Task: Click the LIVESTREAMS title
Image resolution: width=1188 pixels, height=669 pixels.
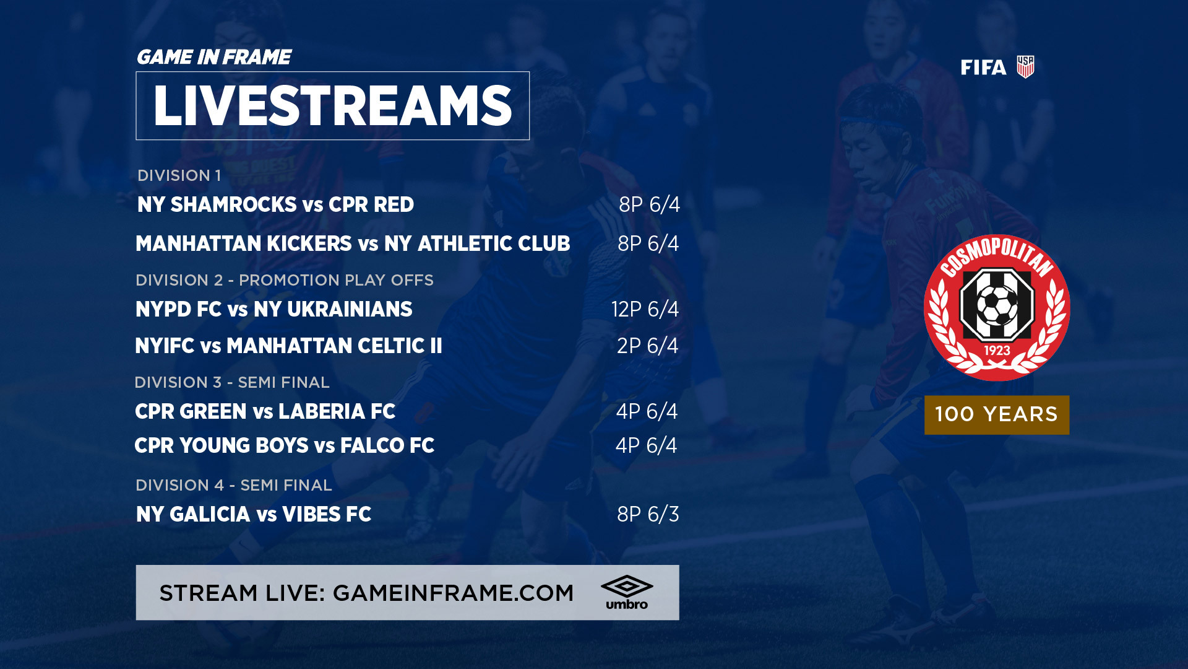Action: coord(332,106)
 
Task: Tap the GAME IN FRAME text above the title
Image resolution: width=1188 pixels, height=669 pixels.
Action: coord(213,57)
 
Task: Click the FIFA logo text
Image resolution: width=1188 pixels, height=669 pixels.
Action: coord(983,68)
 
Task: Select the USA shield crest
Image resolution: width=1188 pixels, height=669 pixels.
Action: coord(1025,67)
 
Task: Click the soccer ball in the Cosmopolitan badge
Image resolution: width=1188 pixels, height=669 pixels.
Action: coord(996,305)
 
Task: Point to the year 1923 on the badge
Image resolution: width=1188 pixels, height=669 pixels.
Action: coord(997,351)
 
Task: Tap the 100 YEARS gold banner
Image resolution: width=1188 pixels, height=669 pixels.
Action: coord(996,414)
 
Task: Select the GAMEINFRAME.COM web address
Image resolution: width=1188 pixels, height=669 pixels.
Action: coord(453,593)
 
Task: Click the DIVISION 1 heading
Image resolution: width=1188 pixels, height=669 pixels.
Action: coord(179,175)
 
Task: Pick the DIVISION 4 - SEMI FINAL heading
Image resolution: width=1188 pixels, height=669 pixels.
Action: coord(234,485)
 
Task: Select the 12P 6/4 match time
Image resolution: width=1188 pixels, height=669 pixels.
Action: coord(645,309)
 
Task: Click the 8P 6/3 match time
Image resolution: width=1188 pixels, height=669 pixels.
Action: coord(648,514)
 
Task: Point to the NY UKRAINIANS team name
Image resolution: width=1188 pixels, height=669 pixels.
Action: coord(333,309)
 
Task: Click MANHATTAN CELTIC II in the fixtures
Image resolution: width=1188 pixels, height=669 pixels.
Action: coord(334,346)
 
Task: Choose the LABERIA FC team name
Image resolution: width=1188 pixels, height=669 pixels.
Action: coord(337,411)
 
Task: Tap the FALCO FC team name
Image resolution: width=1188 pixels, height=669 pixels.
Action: coord(387,445)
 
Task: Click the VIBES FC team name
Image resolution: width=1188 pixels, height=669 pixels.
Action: coord(327,514)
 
